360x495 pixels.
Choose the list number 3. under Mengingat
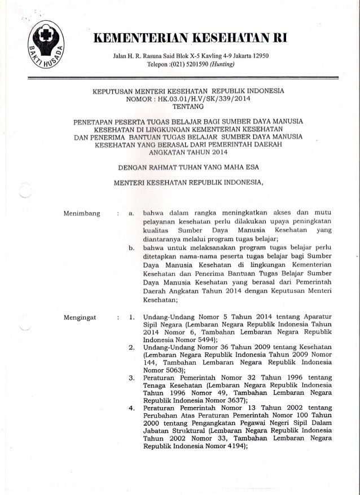coord(131,376)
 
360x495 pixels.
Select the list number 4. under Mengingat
coord(131,406)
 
